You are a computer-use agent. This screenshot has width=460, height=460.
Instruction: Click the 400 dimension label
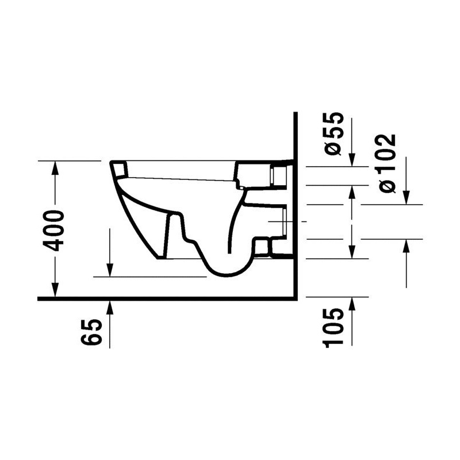click(x=53, y=231)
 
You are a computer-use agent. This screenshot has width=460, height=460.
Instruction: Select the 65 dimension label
click(x=91, y=332)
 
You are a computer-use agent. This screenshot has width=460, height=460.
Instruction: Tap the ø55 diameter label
click(x=333, y=133)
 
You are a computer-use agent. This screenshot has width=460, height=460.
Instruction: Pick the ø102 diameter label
click(x=386, y=163)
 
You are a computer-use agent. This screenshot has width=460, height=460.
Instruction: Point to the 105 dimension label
click(x=333, y=327)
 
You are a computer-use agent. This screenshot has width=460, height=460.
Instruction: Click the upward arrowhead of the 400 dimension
click(x=55, y=168)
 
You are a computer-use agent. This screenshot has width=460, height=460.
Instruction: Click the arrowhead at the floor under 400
click(x=55, y=290)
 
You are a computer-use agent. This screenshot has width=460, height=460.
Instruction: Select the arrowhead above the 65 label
click(x=110, y=307)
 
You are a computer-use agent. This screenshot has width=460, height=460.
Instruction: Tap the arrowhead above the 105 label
click(x=352, y=304)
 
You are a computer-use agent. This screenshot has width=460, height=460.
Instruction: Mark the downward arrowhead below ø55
click(x=352, y=160)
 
